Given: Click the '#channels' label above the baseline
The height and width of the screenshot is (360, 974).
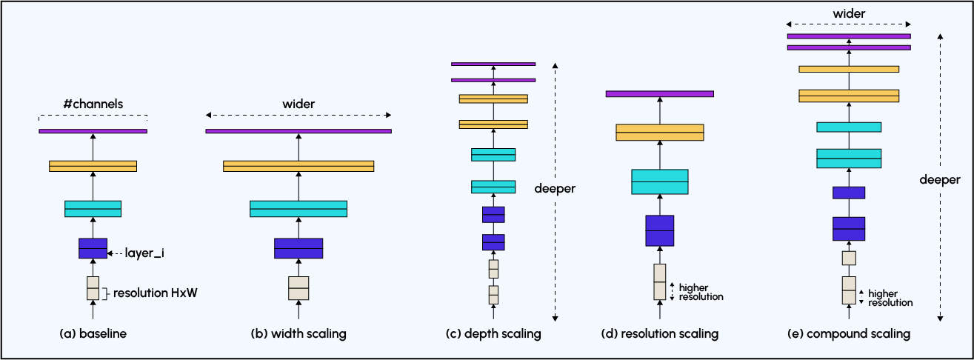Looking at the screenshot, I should pos(93,104).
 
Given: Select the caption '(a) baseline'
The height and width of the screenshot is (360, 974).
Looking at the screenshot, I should pos(93,334).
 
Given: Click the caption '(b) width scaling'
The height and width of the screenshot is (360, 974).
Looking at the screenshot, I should pos(298,334).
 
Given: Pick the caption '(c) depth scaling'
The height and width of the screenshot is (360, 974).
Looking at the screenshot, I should pos(493,334).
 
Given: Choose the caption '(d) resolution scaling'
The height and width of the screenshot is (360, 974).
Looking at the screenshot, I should pos(660,334).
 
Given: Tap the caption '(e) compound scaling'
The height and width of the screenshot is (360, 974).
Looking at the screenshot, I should pos(849,334).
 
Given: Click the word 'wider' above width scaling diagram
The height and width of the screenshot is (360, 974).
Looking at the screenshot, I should pos(298,104).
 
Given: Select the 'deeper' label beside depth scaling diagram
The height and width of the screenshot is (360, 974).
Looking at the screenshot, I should pos(555,189).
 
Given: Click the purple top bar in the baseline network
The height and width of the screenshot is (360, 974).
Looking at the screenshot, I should pos(93,131).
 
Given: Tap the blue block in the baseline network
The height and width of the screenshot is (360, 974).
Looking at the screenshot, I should pos(93,248).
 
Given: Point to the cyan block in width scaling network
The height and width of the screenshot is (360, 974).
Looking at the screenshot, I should pos(298,209).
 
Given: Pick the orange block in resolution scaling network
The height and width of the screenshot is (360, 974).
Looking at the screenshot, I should pos(660,133).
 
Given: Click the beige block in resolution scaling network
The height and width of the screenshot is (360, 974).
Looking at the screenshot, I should pos(660,282).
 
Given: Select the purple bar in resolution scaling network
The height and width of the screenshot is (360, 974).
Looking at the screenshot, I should pos(660,94).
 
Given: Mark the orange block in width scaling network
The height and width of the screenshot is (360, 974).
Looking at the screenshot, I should pos(298,166).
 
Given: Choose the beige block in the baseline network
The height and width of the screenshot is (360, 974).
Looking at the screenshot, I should pos(93,288).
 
